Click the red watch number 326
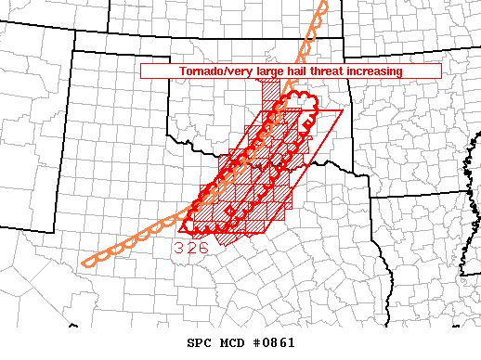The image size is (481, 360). [190, 248]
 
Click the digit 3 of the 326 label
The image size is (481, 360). [179, 248]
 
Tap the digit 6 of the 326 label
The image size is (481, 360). [202, 248]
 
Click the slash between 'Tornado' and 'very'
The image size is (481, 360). [224, 71]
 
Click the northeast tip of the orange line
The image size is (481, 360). [325, 3]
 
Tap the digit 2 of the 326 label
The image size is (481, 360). [190, 248]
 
